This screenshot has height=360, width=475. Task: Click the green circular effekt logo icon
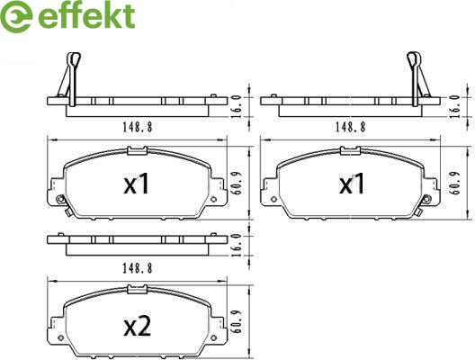[16, 16]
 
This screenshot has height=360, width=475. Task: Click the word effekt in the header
[86, 16]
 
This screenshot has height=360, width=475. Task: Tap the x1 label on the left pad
[137, 184]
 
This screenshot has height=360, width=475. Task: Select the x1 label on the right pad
[352, 184]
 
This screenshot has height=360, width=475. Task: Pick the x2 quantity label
[138, 327]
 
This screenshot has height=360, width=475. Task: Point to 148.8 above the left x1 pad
[138, 127]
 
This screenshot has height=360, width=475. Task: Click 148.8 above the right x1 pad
[350, 127]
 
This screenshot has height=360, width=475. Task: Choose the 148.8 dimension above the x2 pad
[138, 268]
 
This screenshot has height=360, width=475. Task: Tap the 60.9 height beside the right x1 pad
[456, 183]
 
